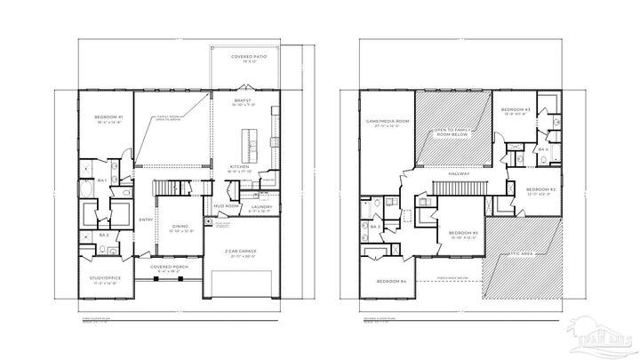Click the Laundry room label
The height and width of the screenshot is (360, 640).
(x=260, y=206)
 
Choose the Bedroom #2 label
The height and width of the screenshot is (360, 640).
(x=540, y=189)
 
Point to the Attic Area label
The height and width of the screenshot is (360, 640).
(x=522, y=254)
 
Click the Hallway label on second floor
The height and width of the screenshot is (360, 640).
(x=459, y=173)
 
